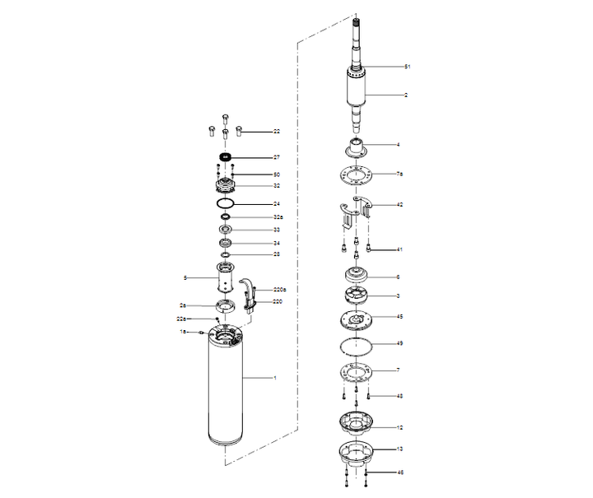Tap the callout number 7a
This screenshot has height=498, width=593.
coord(399,175)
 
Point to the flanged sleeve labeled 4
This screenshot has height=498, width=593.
coord(358,150)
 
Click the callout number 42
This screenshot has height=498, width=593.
coord(399,204)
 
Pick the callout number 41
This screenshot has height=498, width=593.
coord(399,249)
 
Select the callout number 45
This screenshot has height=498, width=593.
coord(399,316)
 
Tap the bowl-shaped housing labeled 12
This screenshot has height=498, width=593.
coord(358,425)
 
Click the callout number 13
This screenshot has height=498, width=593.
coord(399,449)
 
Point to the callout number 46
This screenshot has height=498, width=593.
coord(399,473)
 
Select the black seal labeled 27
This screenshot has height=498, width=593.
coord(226,156)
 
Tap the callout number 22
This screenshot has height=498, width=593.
coord(277,132)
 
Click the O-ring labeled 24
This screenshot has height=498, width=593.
coord(226,202)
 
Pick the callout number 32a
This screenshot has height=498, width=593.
coord(278,216)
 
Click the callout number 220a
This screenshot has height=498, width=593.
coord(279,290)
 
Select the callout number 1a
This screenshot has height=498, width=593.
coord(184,331)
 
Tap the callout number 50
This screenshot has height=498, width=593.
coord(277,175)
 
